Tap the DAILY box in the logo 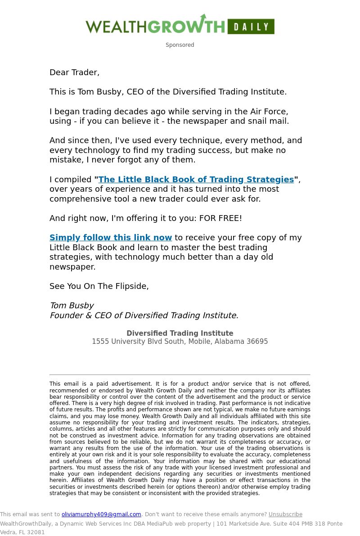coord(251,27)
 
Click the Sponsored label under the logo coord(180,45)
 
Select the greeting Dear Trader coord(74,72)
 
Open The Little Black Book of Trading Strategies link coord(196,180)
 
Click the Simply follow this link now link coord(111,238)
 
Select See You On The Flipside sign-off coord(99,286)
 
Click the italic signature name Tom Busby coord(72,306)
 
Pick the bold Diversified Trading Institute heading coord(180,333)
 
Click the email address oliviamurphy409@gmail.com coord(101,514)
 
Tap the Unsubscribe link coord(285,514)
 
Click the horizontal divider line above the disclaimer coord(180,374)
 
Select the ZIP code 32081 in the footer coord(36,532)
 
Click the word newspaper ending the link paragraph coord(72,267)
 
